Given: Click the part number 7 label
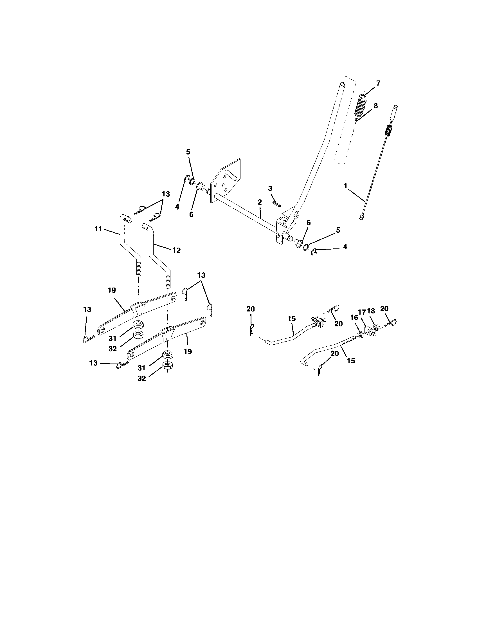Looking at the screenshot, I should click(x=379, y=83).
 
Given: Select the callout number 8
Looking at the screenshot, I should click(x=375, y=106).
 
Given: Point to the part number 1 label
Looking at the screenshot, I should click(x=345, y=186).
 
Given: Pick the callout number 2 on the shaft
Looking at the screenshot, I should click(x=260, y=202).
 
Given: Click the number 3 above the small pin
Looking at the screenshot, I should click(x=270, y=189).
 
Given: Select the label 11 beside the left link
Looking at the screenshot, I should click(x=98, y=229).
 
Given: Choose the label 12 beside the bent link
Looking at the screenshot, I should click(x=176, y=250).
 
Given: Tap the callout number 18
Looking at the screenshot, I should click(x=371, y=311).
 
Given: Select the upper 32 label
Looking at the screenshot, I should click(x=112, y=349).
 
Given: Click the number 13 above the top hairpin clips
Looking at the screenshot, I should click(x=166, y=194).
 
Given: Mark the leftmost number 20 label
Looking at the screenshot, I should click(x=250, y=309).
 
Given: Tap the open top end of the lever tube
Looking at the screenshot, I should click(x=343, y=84).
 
